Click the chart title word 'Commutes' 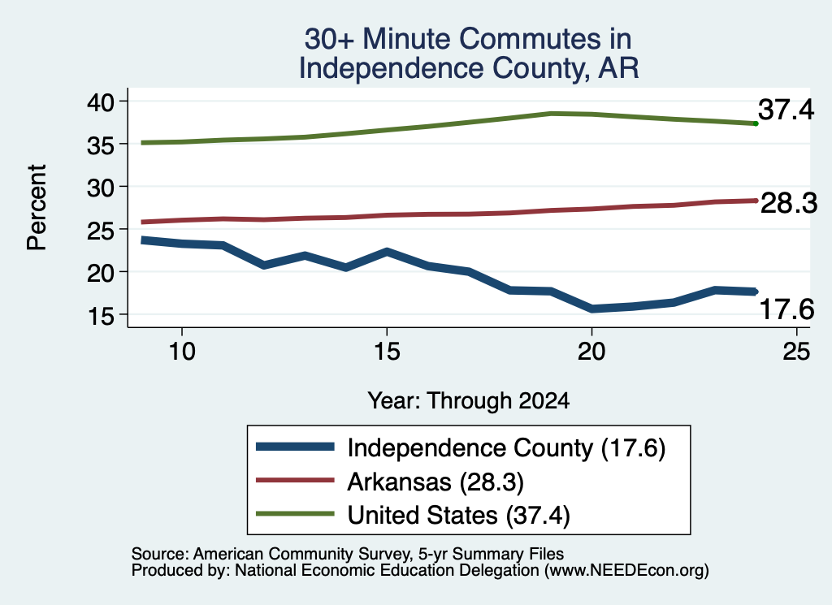(x=531, y=39)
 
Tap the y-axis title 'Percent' (x=37, y=207)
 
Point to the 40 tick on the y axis (x=100, y=102)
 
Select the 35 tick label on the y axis (x=100, y=145)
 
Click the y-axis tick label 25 (x=100, y=230)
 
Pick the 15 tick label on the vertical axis (x=100, y=315)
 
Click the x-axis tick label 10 (x=182, y=351)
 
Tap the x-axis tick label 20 (x=591, y=351)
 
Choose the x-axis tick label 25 (x=796, y=351)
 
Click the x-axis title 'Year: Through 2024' (x=469, y=400)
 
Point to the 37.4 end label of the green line (x=786, y=110)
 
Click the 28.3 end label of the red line (x=789, y=203)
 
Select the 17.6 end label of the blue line (x=786, y=309)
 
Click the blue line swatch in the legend (x=295, y=447)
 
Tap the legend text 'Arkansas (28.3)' (x=435, y=482)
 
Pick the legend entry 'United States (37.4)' (x=458, y=515)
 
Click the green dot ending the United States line (x=756, y=123)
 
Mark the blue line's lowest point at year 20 (x=591, y=309)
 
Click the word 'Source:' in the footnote (x=160, y=554)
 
